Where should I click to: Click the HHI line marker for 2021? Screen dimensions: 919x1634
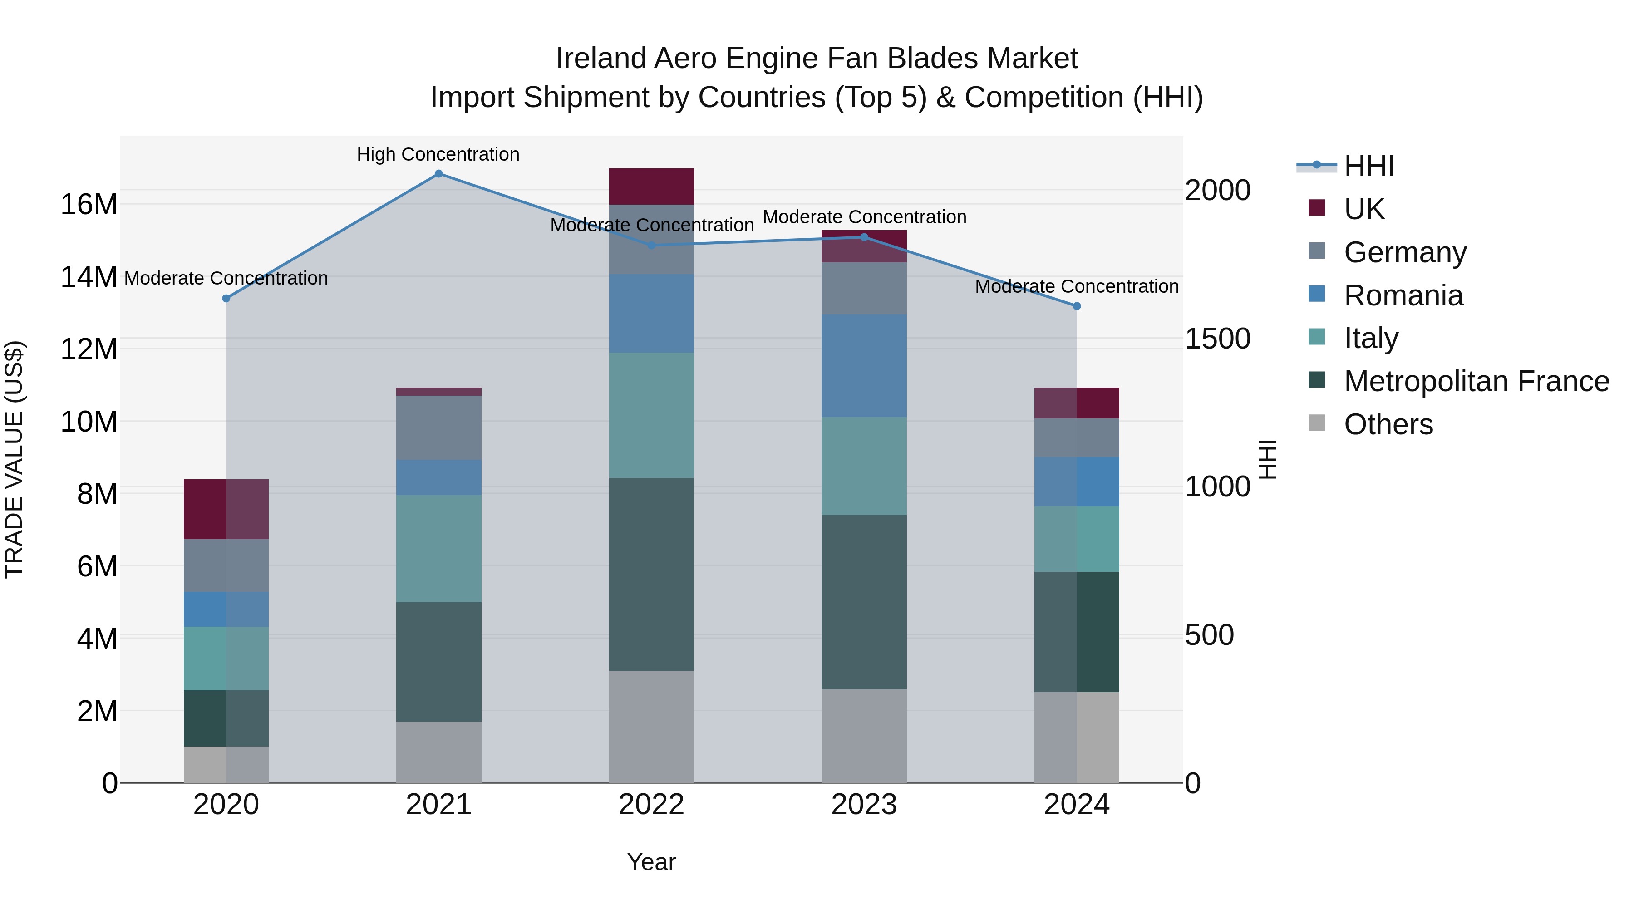pos(438,174)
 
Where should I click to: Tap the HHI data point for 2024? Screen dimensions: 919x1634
pos(1077,306)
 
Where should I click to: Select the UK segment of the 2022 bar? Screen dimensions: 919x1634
pos(651,187)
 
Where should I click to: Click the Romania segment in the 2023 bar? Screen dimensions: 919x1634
pos(864,366)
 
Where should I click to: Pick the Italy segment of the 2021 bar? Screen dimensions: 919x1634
pos(438,549)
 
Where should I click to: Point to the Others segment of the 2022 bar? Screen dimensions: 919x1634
pos(651,726)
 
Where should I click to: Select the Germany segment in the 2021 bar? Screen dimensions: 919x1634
pos(438,428)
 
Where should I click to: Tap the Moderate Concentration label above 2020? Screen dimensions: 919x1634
pos(226,279)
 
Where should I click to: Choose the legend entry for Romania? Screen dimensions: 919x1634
pos(1403,295)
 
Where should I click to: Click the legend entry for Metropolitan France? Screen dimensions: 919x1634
pos(1476,381)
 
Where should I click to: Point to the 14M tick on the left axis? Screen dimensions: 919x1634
pos(89,277)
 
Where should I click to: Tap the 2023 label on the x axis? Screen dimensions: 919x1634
pos(864,805)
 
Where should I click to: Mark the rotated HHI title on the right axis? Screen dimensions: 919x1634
pos(1267,459)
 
